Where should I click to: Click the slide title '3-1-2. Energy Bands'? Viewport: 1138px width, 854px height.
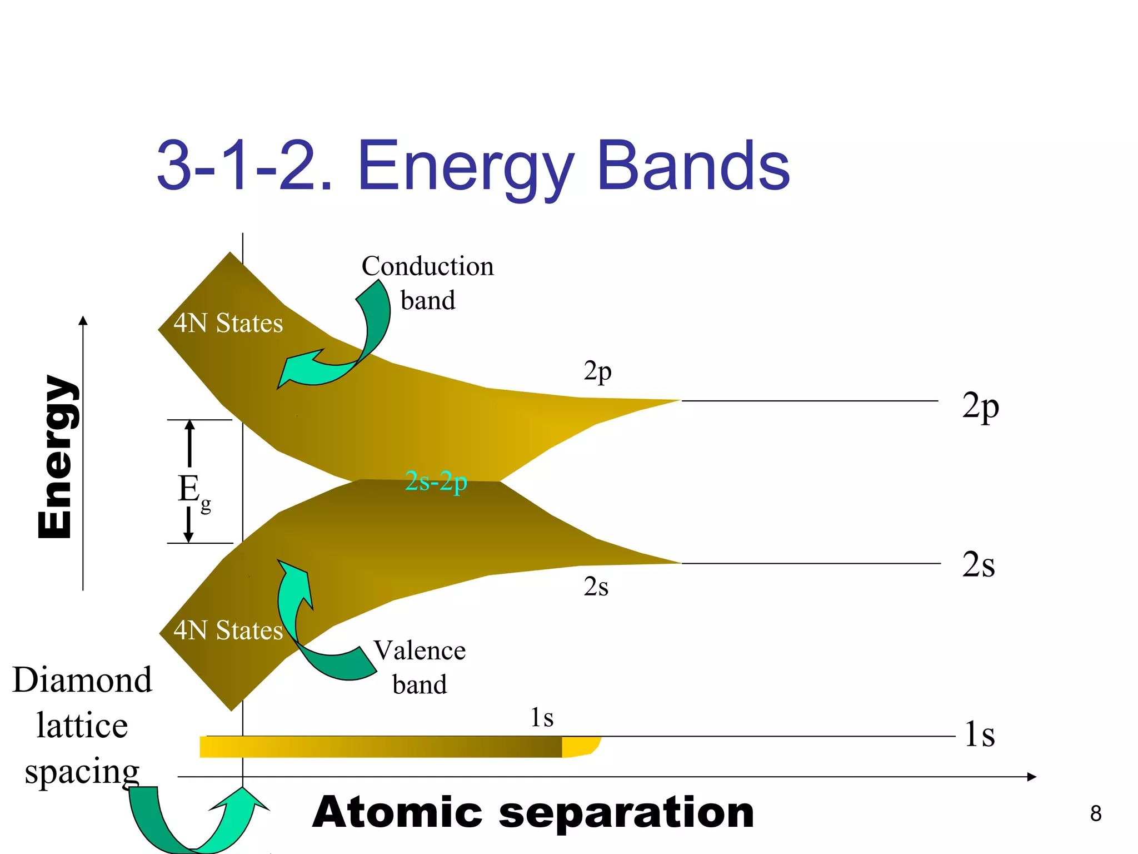click(x=473, y=166)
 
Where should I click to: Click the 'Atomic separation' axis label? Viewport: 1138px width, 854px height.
click(x=533, y=813)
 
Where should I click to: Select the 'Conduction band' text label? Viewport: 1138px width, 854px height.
click(x=427, y=283)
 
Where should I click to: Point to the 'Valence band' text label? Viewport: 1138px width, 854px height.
click(x=420, y=667)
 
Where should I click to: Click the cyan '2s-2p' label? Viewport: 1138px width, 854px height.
click(x=436, y=481)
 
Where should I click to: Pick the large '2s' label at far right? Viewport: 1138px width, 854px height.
click(x=978, y=565)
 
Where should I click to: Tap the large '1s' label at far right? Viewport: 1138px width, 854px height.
click(x=979, y=734)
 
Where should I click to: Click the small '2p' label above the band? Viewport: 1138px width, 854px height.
click(x=597, y=371)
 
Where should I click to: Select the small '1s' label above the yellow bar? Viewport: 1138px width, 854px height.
click(x=542, y=718)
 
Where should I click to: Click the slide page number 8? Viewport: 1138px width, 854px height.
click(x=1095, y=813)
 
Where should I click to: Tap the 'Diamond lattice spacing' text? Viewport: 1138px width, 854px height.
click(x=82, y=726)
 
